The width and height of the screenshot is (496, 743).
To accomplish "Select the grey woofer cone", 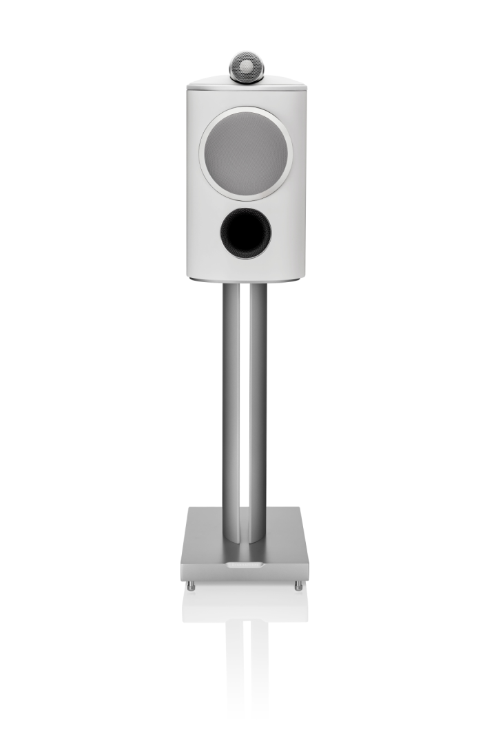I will click(246, 153).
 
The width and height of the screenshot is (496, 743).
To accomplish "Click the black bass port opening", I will click(246, 233).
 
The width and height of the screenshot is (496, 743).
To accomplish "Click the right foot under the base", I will click(298, 586).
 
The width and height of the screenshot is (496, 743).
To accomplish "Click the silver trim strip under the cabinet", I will click(246, 281).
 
